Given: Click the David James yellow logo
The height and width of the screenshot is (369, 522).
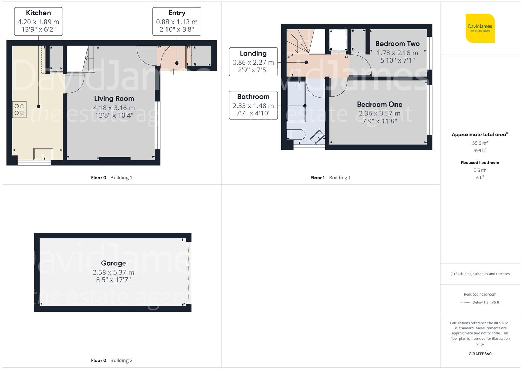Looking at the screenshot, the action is pos(480,28).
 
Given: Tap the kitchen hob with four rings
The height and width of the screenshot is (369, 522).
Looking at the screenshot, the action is pos(19,109).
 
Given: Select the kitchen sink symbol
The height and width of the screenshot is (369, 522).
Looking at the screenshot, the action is pos(43,154).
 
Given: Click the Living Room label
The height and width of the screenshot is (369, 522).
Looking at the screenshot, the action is pos(114,98).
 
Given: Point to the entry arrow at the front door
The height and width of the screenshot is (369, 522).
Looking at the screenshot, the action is pos(173,71).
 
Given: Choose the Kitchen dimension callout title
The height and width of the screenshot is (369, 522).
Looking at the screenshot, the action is pos(38,13).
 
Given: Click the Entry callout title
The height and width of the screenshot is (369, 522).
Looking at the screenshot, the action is pos(177,13).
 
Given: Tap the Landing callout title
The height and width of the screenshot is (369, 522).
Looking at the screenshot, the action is pos(253,53).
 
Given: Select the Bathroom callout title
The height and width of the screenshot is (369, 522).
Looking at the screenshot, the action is pos(253,97).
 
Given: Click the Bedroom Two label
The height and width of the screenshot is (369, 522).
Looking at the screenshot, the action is pos(398,44).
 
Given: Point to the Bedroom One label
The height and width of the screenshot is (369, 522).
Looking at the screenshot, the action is pos(379,104).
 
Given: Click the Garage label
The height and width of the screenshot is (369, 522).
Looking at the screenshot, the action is pos(113,263).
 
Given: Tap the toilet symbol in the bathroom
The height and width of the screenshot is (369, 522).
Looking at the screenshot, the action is pos(296,135).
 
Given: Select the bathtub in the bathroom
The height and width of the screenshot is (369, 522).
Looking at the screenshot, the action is pos(296,101).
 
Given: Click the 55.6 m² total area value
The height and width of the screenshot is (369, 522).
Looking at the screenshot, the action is pos(480,143).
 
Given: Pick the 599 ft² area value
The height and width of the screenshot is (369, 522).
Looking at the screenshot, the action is pos(480,150).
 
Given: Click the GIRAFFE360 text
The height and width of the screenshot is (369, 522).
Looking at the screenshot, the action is pos(480,354).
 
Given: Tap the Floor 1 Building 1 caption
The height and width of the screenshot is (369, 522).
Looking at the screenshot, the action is pos(331,178).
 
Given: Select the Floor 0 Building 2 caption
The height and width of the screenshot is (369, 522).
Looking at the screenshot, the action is pos(112,360).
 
